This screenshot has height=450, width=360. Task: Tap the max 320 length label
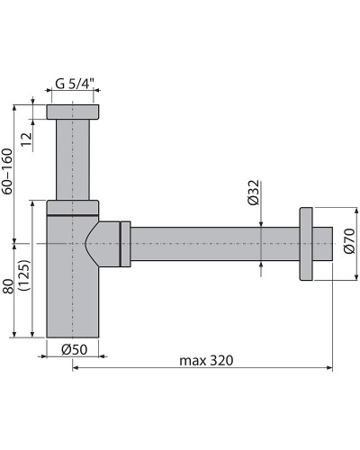coord(206,360)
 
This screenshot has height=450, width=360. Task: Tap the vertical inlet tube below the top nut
coord(73,157)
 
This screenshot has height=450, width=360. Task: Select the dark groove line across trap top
coord(72,216)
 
